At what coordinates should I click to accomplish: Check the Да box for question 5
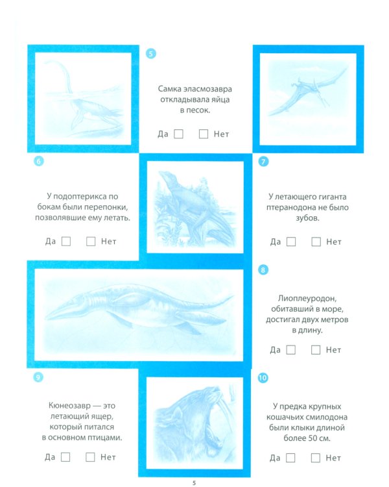(x=179, y=134)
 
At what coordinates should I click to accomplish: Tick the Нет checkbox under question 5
(x=204, y=134)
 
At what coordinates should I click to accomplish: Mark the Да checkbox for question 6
(x=66, y=242)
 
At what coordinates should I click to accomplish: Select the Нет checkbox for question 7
(x=316, y=242)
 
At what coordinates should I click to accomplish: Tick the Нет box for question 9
(x=91, y=456)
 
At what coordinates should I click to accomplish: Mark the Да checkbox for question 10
(x=291, y=457)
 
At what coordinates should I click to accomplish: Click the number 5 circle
(x=151, y=54)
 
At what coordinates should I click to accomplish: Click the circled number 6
(x=38, y=162)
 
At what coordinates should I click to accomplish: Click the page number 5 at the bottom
(x=194, y=481)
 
